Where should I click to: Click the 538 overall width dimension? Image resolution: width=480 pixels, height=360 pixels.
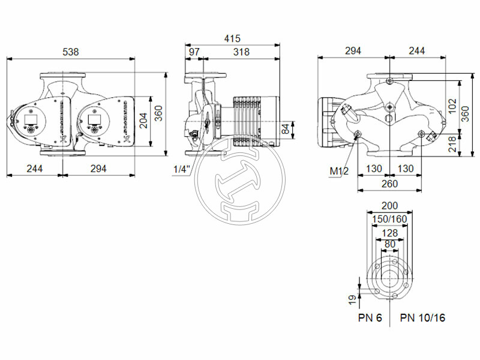(71, 52)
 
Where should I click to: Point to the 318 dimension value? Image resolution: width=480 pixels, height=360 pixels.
(241, 52)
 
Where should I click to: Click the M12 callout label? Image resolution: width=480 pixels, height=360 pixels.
(340, 172)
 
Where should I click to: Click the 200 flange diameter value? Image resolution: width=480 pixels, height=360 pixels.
(389, 206)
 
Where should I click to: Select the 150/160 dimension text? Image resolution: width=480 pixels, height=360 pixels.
(389, 219)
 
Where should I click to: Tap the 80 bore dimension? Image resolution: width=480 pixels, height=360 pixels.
(389, 244)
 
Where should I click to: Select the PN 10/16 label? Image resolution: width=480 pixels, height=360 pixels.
(423, 317)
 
